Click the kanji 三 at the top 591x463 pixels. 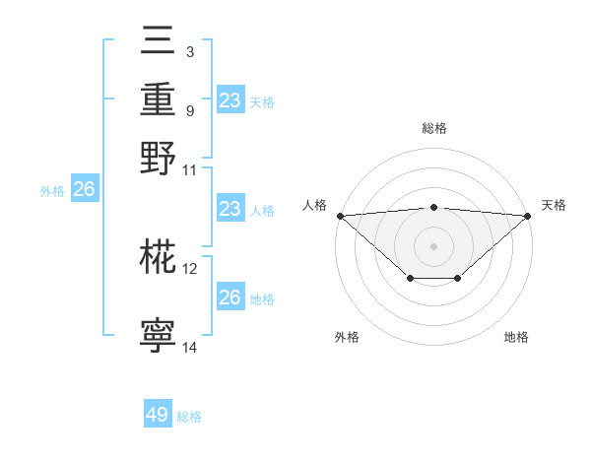point(159,40)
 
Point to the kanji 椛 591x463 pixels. point(159,258)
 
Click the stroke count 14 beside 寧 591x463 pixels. point(190,347)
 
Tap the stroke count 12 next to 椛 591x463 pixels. point(190,268)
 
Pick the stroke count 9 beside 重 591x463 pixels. point(189,110)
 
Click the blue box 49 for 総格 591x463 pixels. point(158,415)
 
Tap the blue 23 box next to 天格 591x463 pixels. point(230,100)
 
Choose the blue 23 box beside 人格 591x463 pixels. point(230,209)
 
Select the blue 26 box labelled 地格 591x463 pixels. point(230,298)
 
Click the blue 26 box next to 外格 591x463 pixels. point(84,190)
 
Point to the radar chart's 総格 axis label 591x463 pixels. point(433,128)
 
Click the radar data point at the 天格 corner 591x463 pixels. point(528,216)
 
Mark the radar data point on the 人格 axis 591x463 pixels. point(340,216)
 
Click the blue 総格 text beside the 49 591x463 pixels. point(189,417)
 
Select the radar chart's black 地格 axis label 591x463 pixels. point(516,337)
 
